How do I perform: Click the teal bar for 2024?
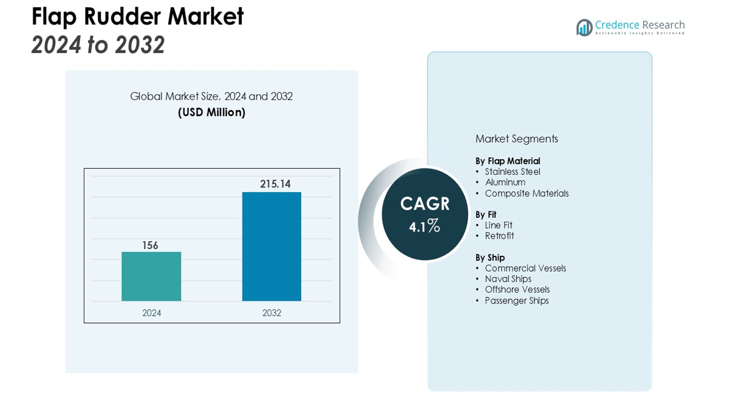click(151, 276)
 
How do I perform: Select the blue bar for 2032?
click(271, 246)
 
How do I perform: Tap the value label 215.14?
click(275, 184)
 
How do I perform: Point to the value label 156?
click(150, 245)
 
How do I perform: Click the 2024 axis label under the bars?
click(151, 313)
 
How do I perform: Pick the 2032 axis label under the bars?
click(271, 313)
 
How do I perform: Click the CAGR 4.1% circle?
click(424, 214)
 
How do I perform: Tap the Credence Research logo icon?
click(584, 27)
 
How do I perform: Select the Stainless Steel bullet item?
click(512, 172)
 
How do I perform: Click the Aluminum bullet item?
click(505, 182)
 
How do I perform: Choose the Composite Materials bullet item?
click(526, 193)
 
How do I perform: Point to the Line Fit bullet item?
click(498, 225)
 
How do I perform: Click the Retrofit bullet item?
click(499, 236)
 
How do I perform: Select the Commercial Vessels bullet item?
click(525, 268)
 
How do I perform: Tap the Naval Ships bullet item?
click(508, 279)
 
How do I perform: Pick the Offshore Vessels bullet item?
click(517, 290)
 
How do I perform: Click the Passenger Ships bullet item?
click(516, 301)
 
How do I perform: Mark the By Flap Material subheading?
click(508, 161)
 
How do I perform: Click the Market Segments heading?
click(516, 138)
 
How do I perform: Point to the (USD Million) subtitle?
click(211, 112)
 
